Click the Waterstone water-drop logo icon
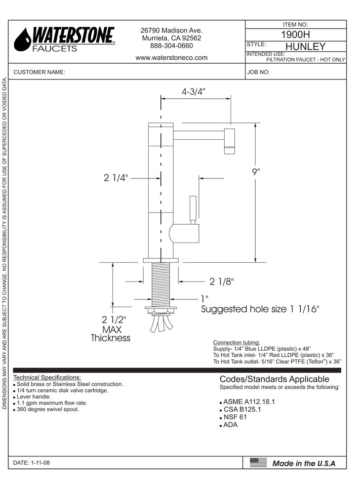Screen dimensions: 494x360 tap(22, 40)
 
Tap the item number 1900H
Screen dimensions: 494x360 tap(295, 35)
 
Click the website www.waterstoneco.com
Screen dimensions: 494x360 tap(171, 58)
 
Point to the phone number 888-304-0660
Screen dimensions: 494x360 tap(171, 46)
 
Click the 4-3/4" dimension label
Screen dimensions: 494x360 tap(194, 91)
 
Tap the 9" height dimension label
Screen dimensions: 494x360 tap(255, 172)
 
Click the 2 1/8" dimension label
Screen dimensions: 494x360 tap(221, 282)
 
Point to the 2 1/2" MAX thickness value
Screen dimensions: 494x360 tap(114, 319)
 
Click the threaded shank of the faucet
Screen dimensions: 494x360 tap(160, 284)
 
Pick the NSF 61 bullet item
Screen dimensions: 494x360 tap(235, 417)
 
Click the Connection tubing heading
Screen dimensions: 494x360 tap(236, 342)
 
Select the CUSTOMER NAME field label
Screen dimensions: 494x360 tap(40, 72)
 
